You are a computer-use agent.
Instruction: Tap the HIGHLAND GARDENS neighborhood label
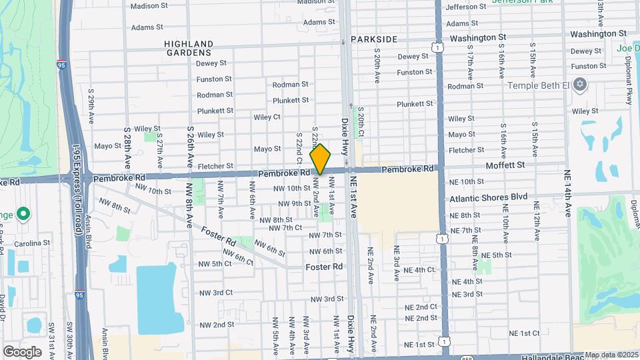coord(189,48)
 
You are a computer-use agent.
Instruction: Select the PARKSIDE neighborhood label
coord(374,39)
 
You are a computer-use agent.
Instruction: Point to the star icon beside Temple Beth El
coord(580,84)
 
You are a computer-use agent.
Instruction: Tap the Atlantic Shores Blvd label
coord(489,197)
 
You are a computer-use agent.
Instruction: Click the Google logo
coord(22,351)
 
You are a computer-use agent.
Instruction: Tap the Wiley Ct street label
coord(267,117)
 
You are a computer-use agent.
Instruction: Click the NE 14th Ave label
coord(568,193)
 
